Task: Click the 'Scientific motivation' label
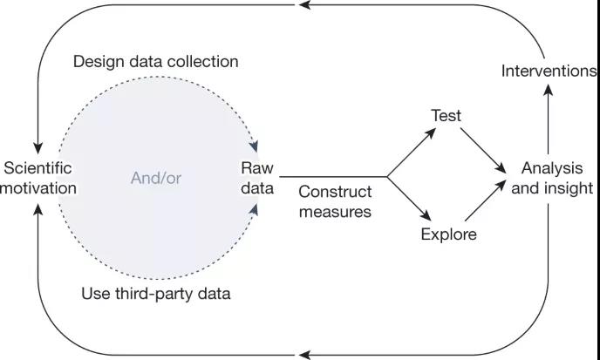[39, 177]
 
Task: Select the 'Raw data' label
[257, 177]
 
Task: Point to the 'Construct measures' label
[335, 200]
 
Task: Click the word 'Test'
[446, 115]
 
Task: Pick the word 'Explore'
[448, 234]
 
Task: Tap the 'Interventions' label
[549, 71]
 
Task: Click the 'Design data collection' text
[155, 62]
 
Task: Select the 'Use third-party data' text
[155, 293]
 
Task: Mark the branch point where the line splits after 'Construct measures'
[387, 177]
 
